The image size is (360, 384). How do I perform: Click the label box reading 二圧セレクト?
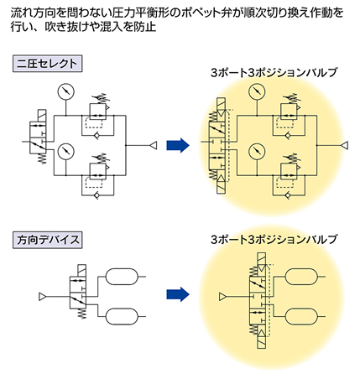pos(47,64)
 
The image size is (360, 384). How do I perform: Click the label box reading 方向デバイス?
pos(47,240)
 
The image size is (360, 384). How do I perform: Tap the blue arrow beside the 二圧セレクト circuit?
pos(178,145)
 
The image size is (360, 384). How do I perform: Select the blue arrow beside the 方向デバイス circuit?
pos(178,294)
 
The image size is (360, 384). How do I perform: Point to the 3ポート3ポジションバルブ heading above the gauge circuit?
pos(274,73)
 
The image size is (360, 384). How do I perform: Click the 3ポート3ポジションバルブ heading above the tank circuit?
pos(274,240)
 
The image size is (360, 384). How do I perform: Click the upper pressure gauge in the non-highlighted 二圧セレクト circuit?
pos(65,91)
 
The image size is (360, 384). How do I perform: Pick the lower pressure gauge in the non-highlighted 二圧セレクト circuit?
pos(65,151)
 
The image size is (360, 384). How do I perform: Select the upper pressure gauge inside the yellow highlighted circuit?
pos(257,91)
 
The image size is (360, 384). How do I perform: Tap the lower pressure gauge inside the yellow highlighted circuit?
pos(257,151)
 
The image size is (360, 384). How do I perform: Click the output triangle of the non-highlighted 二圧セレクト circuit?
pos(154,145)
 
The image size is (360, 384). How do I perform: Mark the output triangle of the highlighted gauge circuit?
pos(344,145)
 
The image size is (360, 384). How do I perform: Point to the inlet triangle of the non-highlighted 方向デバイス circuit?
pos(42,297)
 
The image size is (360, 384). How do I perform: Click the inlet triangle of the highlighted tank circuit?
pos(222,297)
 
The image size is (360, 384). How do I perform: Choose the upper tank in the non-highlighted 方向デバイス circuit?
pos(122,277)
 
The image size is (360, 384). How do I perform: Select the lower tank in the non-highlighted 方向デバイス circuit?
pos(122,316)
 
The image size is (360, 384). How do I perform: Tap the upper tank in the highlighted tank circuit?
pos(301,277)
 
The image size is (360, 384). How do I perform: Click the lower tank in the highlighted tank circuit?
pos(301,316)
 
